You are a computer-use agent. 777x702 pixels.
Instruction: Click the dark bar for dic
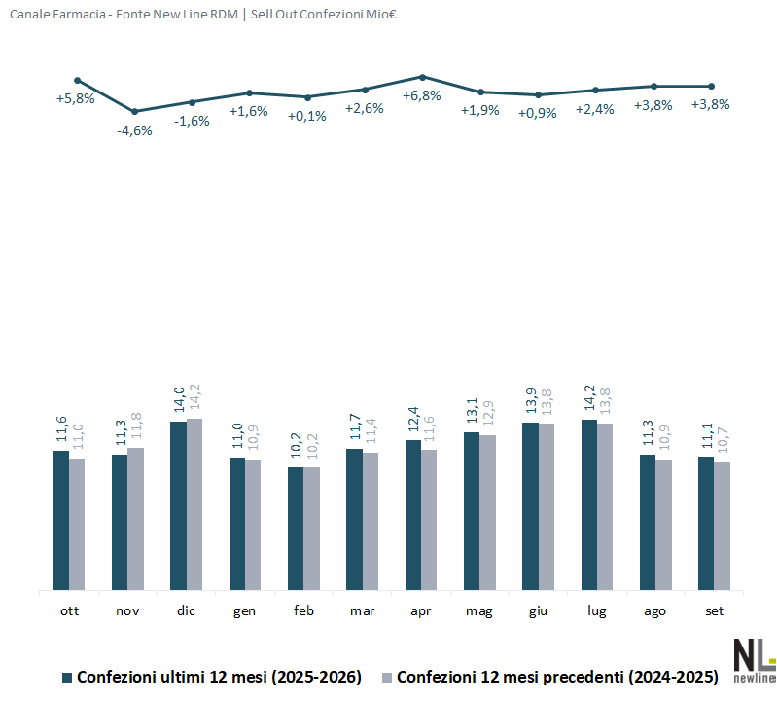point(178,505)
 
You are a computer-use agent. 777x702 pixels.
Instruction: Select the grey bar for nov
point(136,519)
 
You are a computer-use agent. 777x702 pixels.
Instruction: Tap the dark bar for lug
point(589,504)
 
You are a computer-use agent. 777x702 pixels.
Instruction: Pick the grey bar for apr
point(429,520)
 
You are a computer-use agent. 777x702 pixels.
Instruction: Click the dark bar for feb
point(296,529)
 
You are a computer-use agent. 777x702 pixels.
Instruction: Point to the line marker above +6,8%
point(423,77)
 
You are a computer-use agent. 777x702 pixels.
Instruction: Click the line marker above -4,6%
point(134,112)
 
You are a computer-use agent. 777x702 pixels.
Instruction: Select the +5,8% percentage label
point(75,98)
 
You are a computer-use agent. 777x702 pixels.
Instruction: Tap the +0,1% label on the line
point(307,117)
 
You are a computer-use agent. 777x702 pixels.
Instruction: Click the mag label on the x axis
point(479,611)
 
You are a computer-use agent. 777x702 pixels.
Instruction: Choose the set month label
point(714,610)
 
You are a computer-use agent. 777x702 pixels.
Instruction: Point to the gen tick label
point(244,611)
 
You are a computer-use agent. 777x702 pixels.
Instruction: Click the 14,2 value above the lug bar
point(589,398)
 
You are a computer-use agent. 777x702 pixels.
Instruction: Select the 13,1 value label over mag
point(473,410)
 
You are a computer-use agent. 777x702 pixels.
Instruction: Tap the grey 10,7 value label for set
point(723,440)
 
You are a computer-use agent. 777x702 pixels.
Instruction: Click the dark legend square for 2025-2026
point(67,678)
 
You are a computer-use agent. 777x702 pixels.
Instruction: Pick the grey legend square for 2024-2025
point(387,678)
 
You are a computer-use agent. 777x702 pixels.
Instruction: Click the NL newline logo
point(755,661)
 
